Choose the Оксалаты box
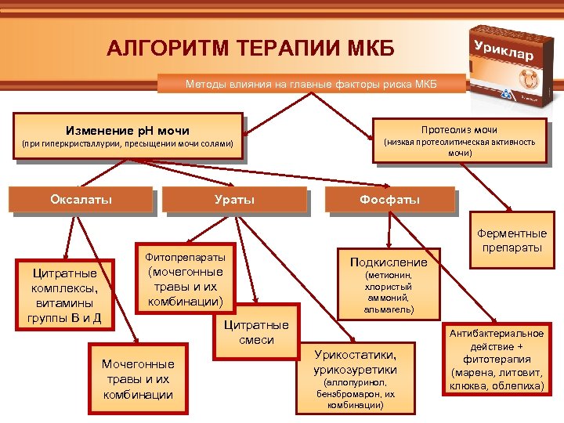pos(81,199)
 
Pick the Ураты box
pos(234,200)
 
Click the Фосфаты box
pos(390,200)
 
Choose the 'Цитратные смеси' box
pos(256,332)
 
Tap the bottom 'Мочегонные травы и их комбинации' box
pos(139,378)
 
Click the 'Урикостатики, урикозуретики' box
pos(355,376)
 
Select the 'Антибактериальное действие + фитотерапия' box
pos(497,360)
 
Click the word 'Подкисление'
pos(389,262)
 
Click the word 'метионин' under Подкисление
pos(389,276)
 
